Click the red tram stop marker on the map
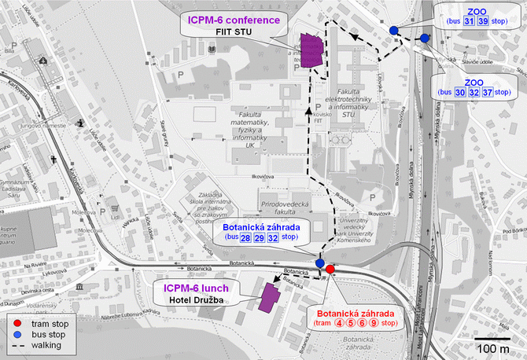tap(330, 269)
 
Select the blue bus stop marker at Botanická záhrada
tap(320, 263)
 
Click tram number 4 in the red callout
tap(341, 322)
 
